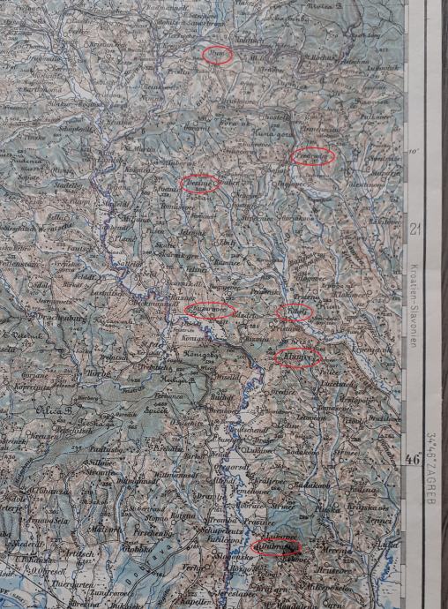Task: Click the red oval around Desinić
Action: pos(200,184)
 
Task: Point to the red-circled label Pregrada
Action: pos(312,156)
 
